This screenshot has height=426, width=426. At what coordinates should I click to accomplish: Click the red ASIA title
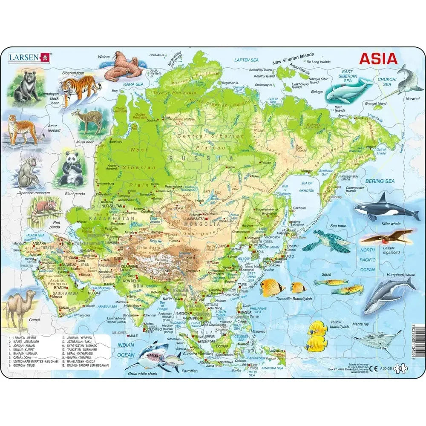point(378,59)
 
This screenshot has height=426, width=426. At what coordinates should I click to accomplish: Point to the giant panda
point(68,169)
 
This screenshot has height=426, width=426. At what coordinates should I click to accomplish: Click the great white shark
point(147,354)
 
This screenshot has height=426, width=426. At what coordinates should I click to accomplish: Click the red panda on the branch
point(43,210)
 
